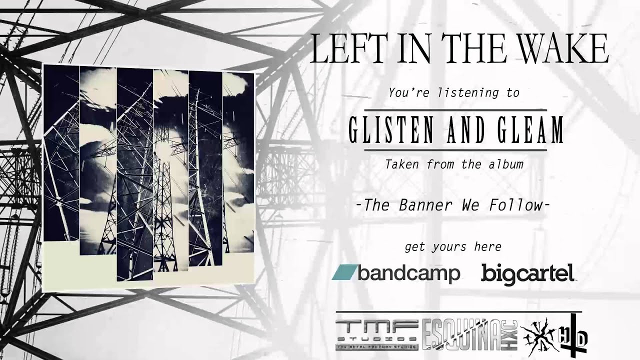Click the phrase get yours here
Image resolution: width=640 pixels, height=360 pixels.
point(452,246)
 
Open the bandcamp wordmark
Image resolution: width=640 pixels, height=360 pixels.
point(408,273)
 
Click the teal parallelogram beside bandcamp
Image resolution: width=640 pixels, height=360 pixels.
point(344,273)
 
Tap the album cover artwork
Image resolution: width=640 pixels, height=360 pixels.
point(148,177)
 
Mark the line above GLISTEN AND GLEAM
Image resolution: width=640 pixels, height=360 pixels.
point(455,109)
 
